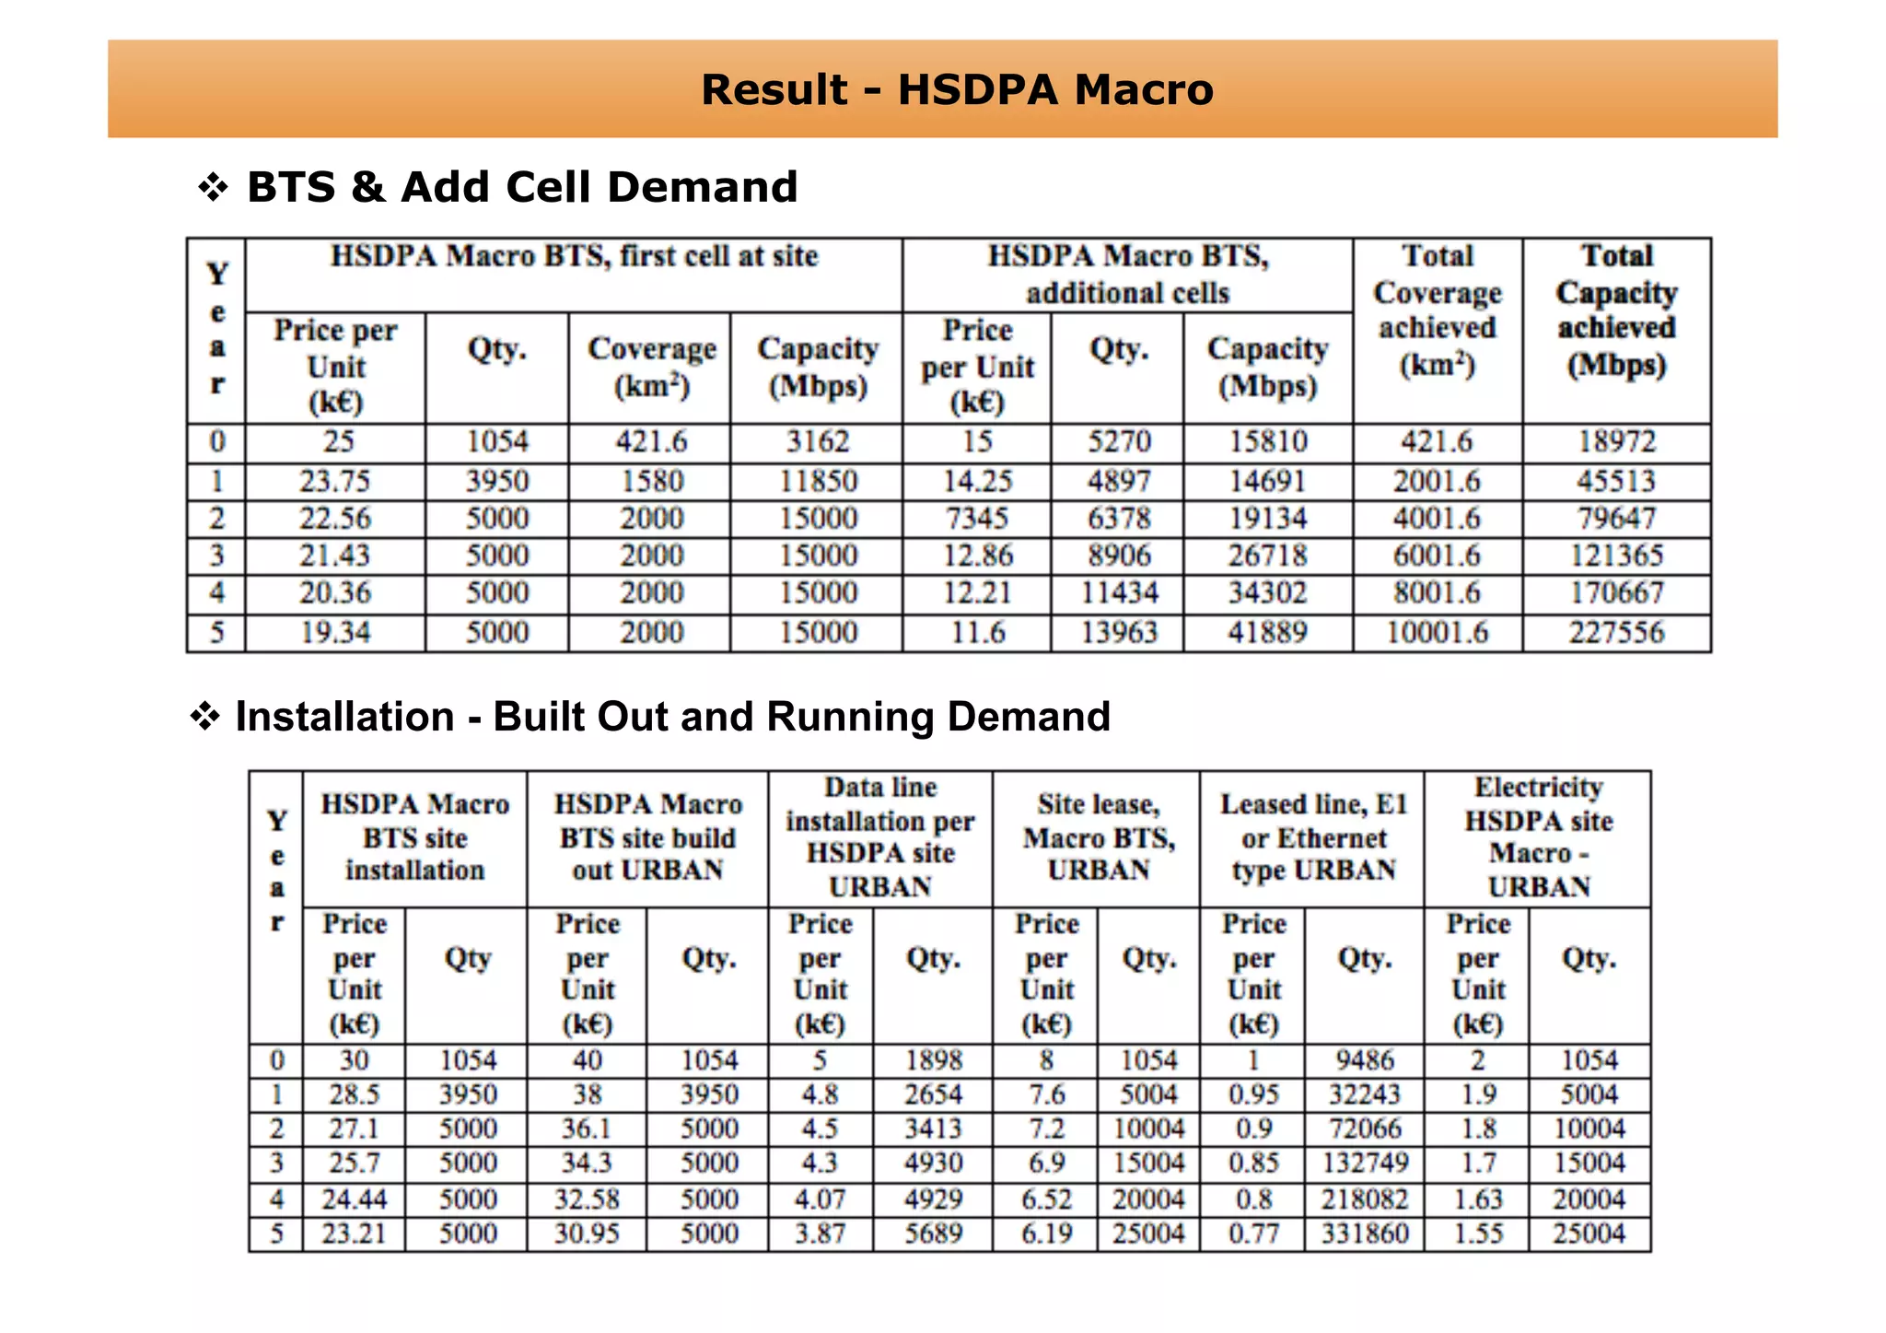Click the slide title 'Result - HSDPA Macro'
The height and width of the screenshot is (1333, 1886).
coord(957,90)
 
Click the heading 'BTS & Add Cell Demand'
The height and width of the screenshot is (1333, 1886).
coord(521,187)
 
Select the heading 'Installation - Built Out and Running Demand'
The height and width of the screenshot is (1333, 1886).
coord(672,717)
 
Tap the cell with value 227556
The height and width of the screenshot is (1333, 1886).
coord(1616,633)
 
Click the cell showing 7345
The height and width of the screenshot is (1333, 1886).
coord(976,519)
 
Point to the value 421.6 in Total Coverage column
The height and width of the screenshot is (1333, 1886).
coord(1437,442)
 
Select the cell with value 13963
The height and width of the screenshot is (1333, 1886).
coord(1119,633)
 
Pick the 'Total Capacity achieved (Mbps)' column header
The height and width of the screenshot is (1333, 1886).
coord(1616,310)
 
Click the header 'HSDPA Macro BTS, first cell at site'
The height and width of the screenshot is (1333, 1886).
coord(574,256)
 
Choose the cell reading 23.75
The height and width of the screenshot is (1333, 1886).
coord(335,481)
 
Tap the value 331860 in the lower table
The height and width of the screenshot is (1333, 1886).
coord(1365,1234)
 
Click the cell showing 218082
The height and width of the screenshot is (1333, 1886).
coord(1365,1199)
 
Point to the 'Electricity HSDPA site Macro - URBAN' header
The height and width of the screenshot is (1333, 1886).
coord(1538,837)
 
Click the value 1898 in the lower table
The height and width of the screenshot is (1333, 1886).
coord(933,1060)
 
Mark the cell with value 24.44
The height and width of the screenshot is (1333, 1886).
coord(355,1199)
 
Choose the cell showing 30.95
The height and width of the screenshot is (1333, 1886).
coord(587,1234)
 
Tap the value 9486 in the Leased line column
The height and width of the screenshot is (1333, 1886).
coord(1365,1060)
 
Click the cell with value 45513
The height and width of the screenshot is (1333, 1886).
coord(1616,481)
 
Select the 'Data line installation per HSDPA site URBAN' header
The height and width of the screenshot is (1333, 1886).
coord(880,837)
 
